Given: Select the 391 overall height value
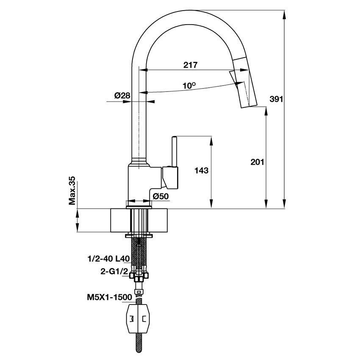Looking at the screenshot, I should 276,100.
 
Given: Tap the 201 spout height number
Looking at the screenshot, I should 257,162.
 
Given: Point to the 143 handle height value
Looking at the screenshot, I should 202,171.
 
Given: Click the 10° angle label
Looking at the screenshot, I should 189,86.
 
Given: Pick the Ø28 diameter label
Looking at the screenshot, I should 122,96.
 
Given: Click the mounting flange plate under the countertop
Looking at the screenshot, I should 139,235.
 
